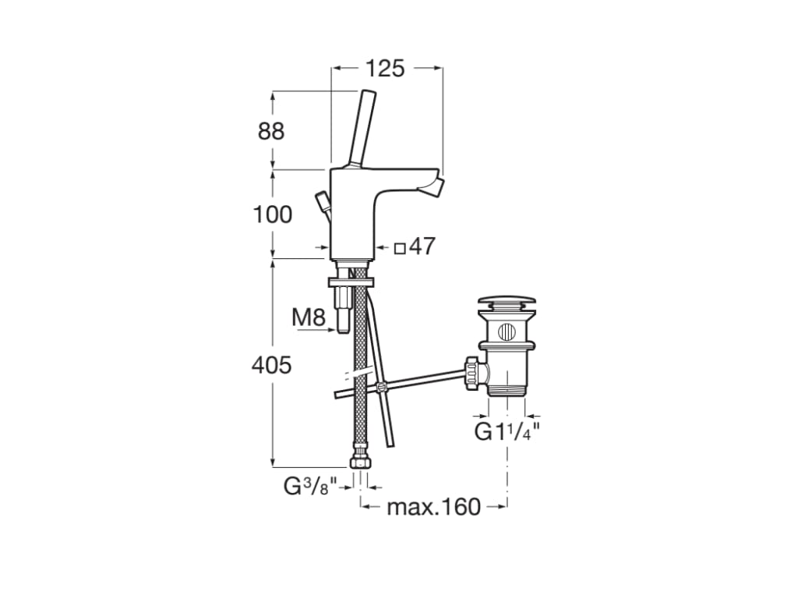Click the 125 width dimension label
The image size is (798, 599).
coord(385,69)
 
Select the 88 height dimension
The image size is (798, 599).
coord(270,131)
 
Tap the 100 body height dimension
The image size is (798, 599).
coord(273,214)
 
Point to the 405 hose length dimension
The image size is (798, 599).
coord(272,365)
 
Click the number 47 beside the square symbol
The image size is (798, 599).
coord(422,246)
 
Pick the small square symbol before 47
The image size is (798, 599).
coord(401,249)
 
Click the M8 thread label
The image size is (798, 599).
coord(309,318)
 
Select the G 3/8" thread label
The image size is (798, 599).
coord(310,487)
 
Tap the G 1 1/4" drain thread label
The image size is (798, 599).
coord(507,432)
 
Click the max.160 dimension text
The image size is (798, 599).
coord(433,507)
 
